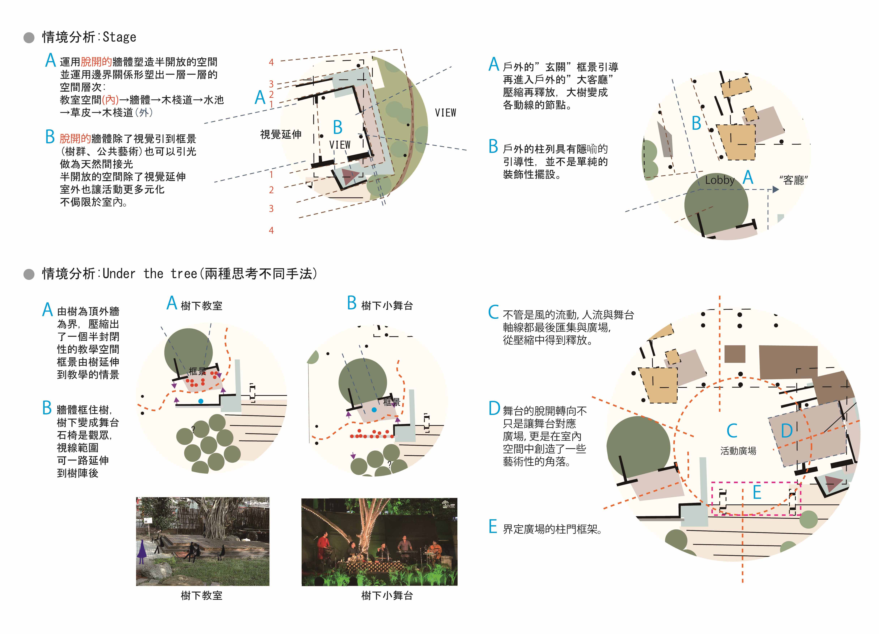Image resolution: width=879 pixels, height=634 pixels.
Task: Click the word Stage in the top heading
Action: (119, 37)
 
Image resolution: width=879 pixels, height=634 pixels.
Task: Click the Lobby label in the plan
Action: (720, 180)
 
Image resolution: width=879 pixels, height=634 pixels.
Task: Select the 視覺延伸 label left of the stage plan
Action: (281, 134)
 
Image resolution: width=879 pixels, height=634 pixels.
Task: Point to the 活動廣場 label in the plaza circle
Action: (738, 451)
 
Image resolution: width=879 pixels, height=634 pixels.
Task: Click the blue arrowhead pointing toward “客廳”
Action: (775, 190)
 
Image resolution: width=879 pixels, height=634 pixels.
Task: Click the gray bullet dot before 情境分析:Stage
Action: (29, 38)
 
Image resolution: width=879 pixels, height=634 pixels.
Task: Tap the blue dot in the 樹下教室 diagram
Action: (201, 401)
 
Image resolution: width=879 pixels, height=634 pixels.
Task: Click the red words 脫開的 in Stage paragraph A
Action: (96, 62)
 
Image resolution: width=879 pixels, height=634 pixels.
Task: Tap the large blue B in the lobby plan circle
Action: (696, 123)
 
